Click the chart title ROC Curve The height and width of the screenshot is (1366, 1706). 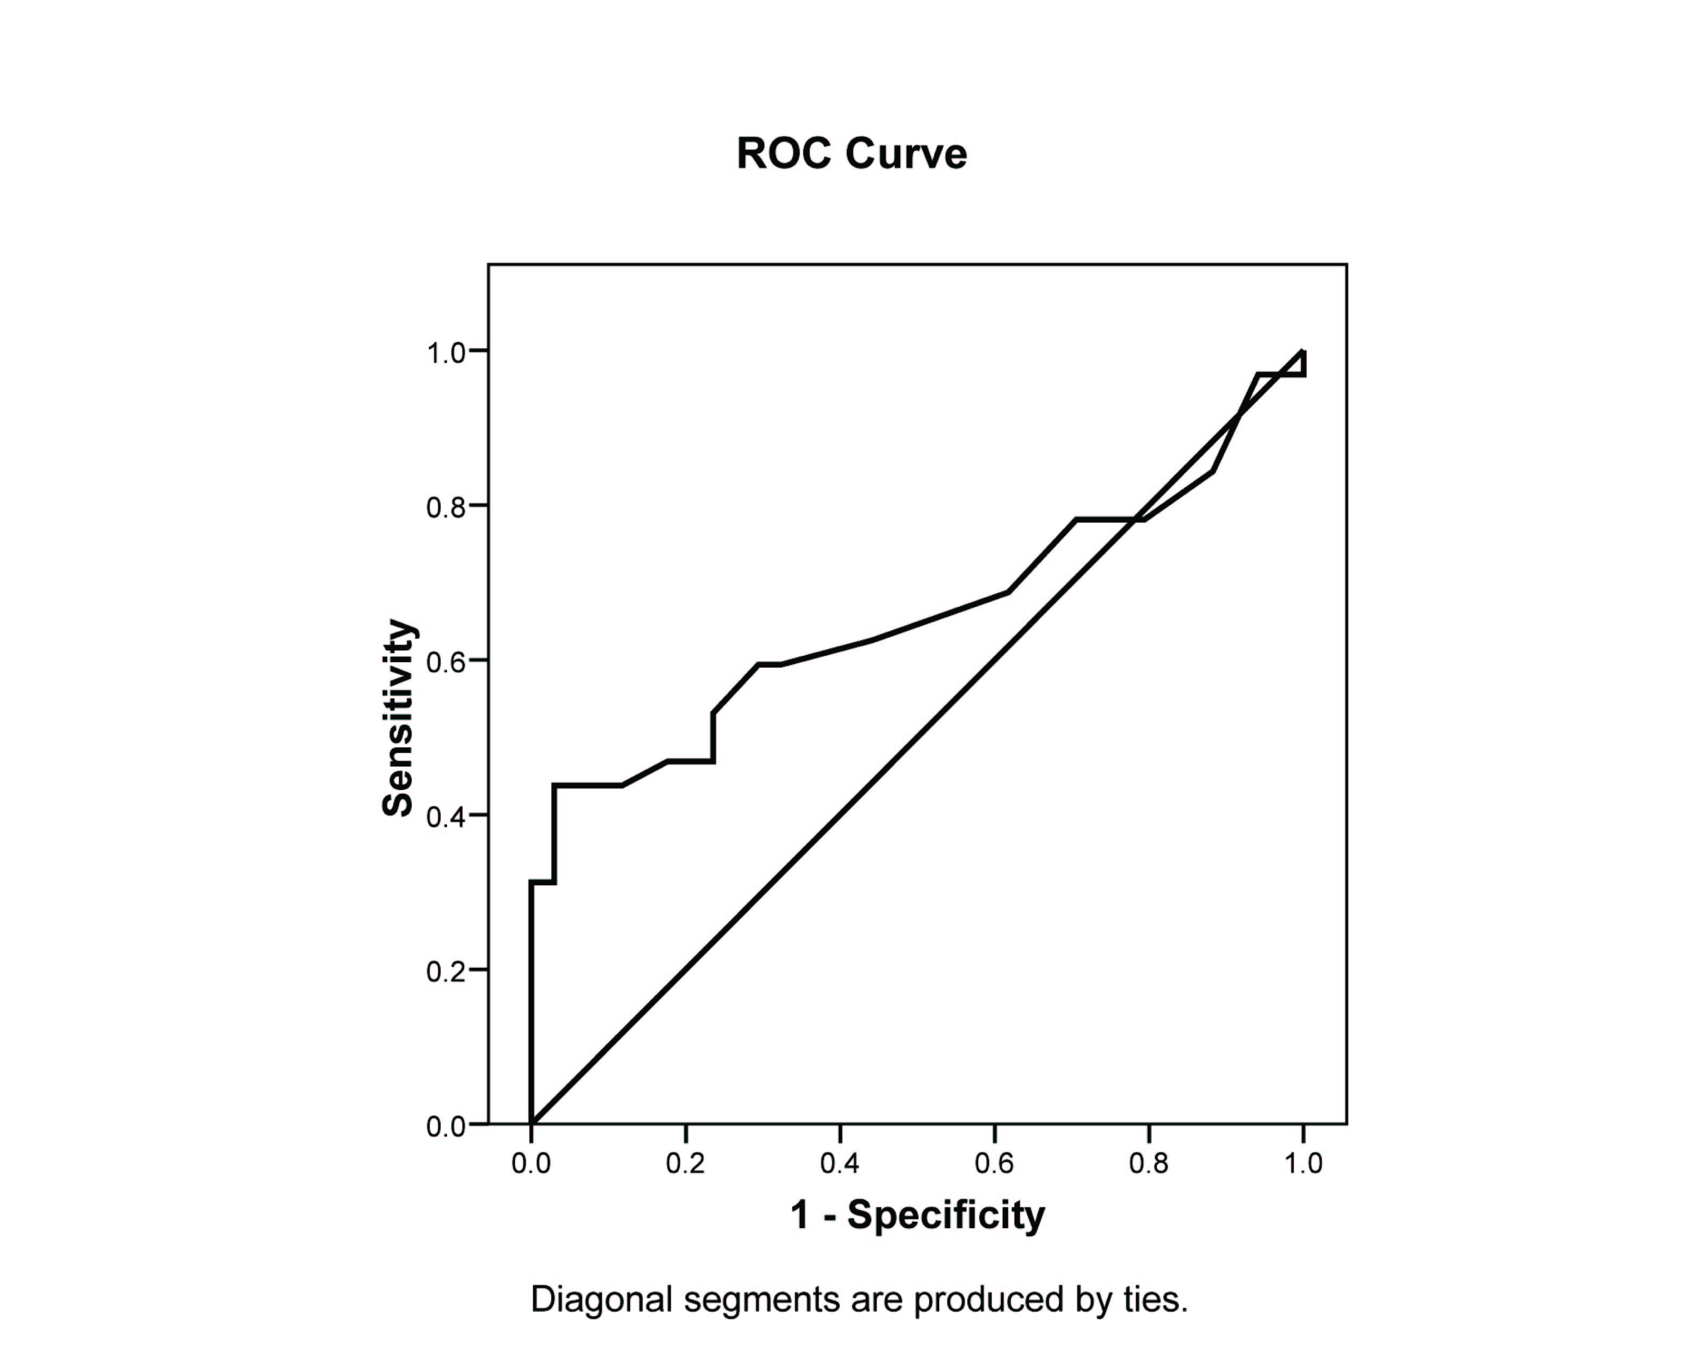tap(851, 153)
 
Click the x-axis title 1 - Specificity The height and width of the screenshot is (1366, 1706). tap(917, 1214)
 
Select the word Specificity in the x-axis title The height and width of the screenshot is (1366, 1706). tap(946, 1214)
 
